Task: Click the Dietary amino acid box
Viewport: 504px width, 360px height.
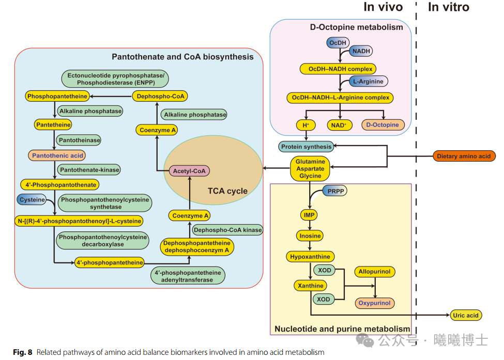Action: [x=463, y=156]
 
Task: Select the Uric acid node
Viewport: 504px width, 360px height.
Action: [x=465, y=315]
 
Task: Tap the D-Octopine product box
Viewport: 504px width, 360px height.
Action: [x=383, y=125]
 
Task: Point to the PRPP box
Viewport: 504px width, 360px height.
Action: [x=335, y=191]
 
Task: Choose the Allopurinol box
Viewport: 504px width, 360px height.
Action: [x=374, y=272]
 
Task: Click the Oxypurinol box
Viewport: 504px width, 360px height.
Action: [x=374, y=303]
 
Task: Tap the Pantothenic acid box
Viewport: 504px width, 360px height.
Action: [x=57, y=155]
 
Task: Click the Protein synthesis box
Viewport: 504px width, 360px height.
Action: [x=307, y=147]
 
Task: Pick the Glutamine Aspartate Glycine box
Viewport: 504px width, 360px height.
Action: [x=310, y=169]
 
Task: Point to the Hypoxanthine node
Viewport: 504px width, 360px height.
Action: [x=310, y=256]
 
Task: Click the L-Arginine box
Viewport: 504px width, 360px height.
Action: [x=368, y=82]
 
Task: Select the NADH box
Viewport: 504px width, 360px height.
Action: [x=361, y=51]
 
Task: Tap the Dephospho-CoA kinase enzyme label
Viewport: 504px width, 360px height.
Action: [x=227, y=229]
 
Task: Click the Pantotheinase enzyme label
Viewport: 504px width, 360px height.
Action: [x=79, y=140]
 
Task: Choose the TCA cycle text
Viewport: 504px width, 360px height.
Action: [x=227, y=191]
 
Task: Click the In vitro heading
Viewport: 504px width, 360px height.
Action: [x=448, y=7]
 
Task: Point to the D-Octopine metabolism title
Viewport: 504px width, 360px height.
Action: [x=356, y=27]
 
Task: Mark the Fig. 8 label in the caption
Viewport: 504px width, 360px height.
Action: [x=22, y=352]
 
